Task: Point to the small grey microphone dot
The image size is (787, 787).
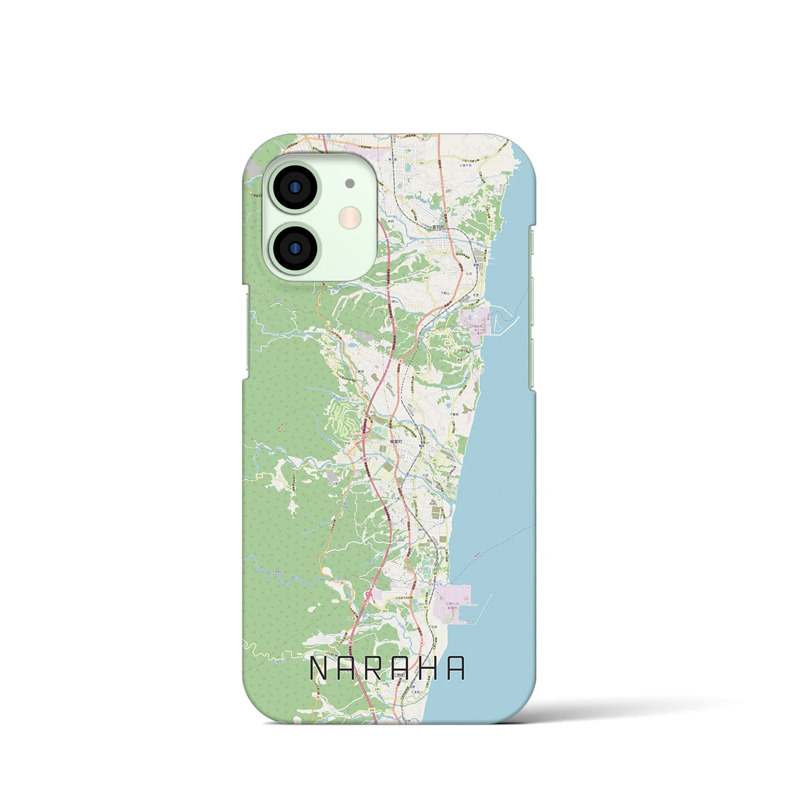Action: click(x=350, y=183)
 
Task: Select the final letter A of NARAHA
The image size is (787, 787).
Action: click(x=456, y=669)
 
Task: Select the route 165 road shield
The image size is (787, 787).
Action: click(x=421, y=163)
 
